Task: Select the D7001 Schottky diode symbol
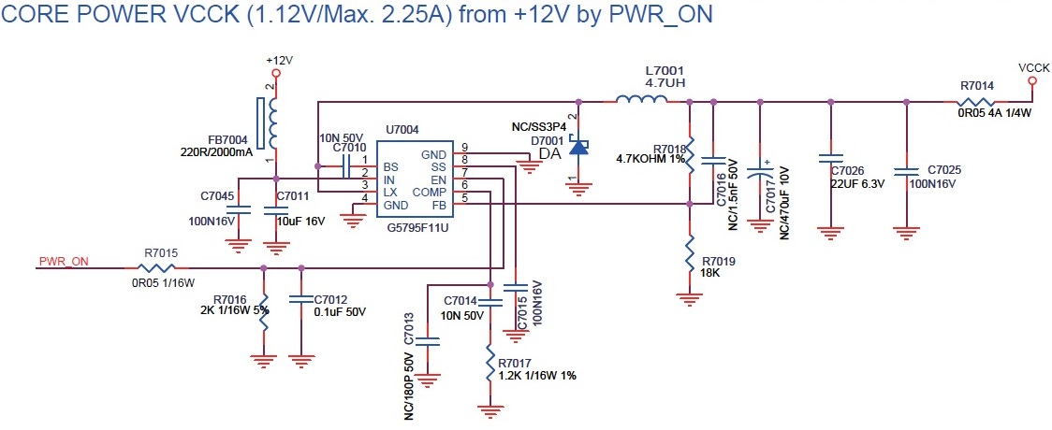pos(578,146)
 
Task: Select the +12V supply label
pos(279,60)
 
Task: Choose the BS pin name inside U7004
pos(389,167)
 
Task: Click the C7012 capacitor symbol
pos(300,299)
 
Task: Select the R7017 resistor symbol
pos(490,363)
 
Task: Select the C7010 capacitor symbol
pos(345,166)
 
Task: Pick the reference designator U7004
pos(402,128)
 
